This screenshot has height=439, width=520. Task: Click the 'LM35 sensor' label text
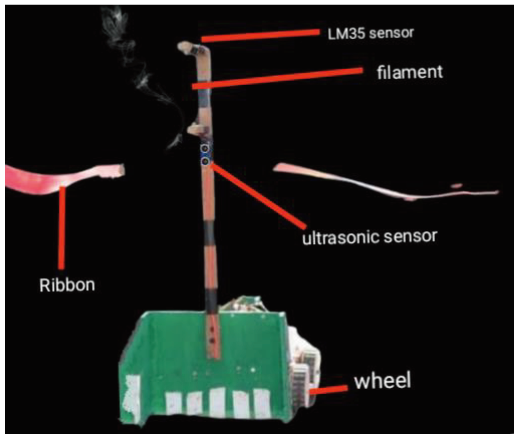pyautogui.click(x=370, y=33)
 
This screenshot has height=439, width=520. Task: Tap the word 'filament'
pyautogui.click(x=409, y=72)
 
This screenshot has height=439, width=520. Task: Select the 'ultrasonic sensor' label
pyautogui.click(x=369, y=237)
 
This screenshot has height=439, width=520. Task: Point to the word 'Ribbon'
pyautogui.click(x=67, y=285)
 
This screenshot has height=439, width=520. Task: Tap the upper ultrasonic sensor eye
pyautogui.click(x=205, y=149)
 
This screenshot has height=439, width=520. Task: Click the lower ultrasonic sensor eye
pyautogui.click(x=205, y=161)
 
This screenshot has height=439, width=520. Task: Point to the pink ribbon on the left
pyautogui.click(x=61, y=179)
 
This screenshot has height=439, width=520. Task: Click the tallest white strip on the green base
pyautogui.click(x=217, y=401)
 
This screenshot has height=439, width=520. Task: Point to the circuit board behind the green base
pyautogui.click(x=244, y=304)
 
